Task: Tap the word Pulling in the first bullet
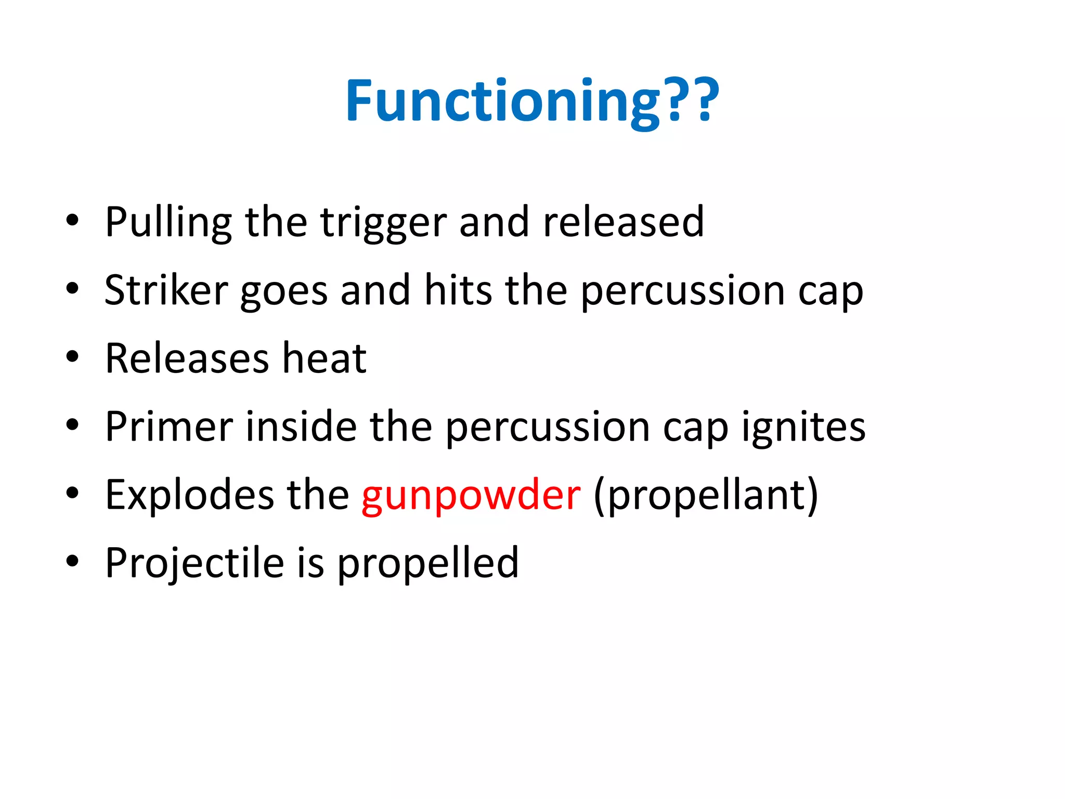pyautogui.click(x=168, y=223)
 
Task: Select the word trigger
pyautogui.click(x=383, y=223)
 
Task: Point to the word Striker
pyautogui.click(x=166, y=290)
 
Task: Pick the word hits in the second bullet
pyautogui.click(x=458, y=290)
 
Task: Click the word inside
pyautogui.click(x=301, y=427)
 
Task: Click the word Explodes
pyautogui.click(x=190, y=495)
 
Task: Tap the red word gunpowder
pyautogui.click(x=471, y=496)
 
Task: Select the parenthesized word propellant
pyautogui.click(x=706, y=496)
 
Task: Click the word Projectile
pyautogui.click(x=194, y=563)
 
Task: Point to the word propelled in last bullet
pyautogui.click(x=428, y=563)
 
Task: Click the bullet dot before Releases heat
pyautogui.click(x=72, y=357)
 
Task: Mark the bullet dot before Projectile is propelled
pyautogui.click(x=72, y=561)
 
